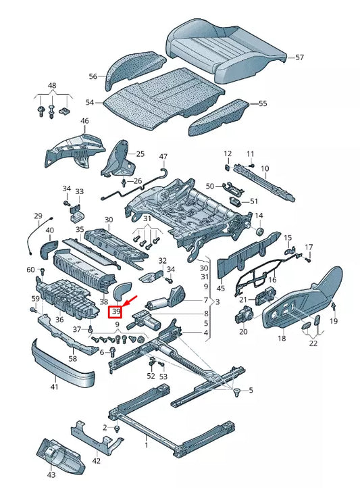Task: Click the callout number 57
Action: [x=299, y=58]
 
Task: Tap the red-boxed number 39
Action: [x=116, y=312]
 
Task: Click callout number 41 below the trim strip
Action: [x=54, y=387]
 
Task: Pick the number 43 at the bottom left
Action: [x=51, y=476]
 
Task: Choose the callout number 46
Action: [x=84, y=122]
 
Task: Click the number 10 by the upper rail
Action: [x=265, y=168]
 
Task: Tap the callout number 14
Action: [x=259, y=216]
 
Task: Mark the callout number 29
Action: [x=38, y=215]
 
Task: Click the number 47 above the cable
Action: [x=163, y=157]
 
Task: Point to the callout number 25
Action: [x=140, y=154]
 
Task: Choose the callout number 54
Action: [x=90, y=101]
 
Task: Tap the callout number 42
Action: [x=97, y=461]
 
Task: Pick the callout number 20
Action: [x=243, y=331]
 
